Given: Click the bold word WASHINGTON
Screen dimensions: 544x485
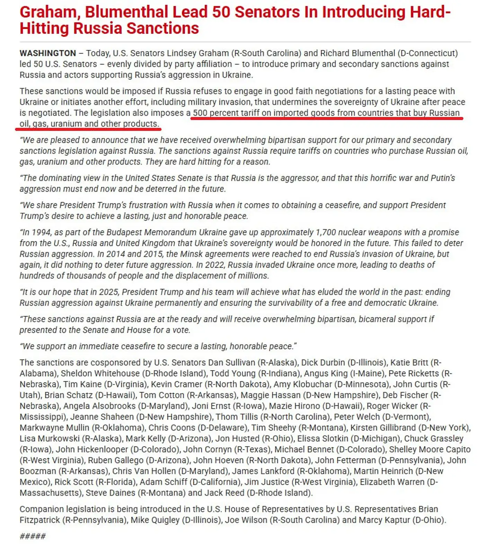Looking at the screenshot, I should click(x=48, y=53).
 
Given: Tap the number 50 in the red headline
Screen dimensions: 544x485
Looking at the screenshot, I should click(x=221, y=12).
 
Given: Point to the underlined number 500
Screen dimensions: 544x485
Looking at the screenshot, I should click(x=200, y=113).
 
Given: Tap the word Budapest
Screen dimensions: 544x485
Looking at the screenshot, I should click(x=124, y=232).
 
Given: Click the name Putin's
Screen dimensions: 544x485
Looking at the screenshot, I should click(x=443, y=178).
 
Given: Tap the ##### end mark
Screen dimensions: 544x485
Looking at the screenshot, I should click(x=33, y=536).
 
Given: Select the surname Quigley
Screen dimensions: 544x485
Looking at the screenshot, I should click(x=165, y=520).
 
